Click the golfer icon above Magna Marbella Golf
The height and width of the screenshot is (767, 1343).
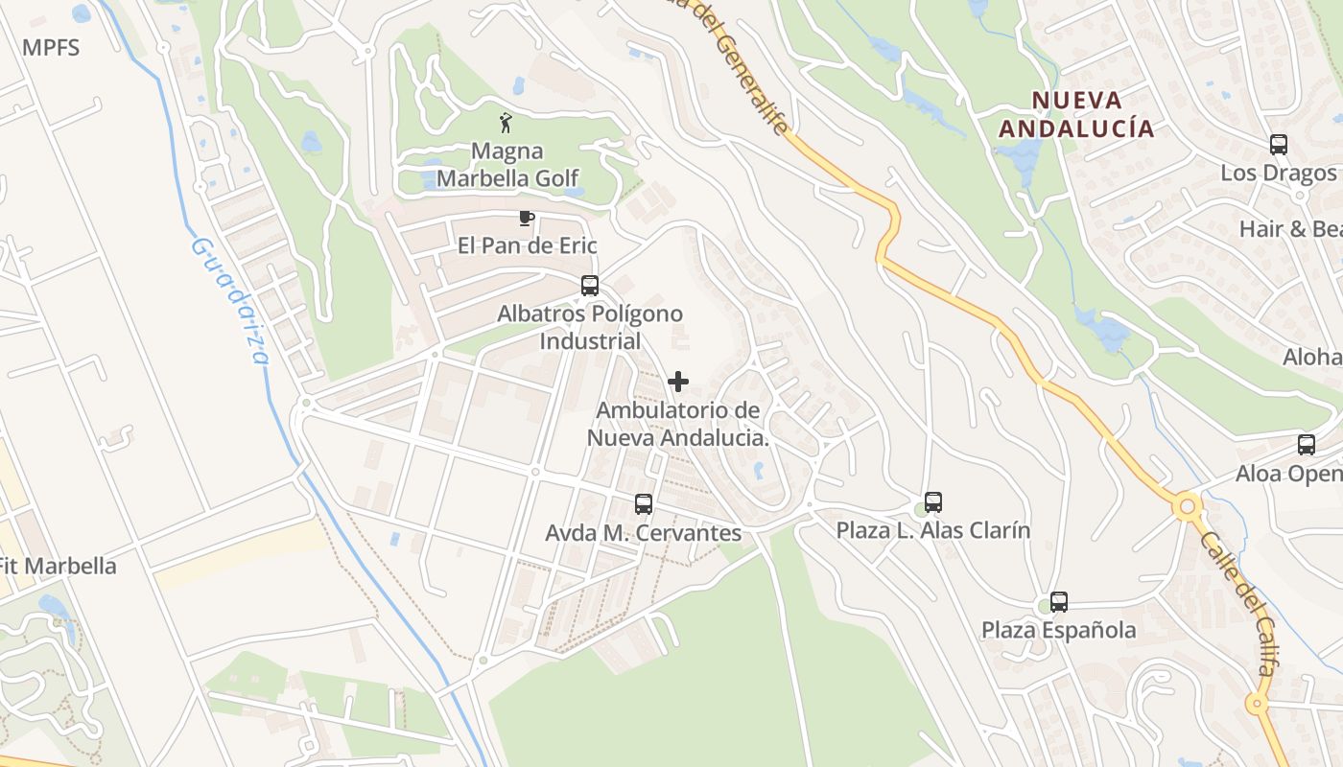tap(507, 123)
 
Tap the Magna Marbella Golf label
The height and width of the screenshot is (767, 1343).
tap(507, 165)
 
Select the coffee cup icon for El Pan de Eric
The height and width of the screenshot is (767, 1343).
tap(526, 218)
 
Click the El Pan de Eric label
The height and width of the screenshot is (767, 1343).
tap(527, 245)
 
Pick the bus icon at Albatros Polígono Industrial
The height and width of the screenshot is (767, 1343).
tap(590, 286)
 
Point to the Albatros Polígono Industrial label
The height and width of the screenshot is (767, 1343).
tap(590, 327)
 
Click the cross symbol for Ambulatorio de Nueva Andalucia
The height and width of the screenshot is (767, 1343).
tap(678, 382)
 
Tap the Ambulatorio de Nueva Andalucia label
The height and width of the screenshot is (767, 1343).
tap(678, 424)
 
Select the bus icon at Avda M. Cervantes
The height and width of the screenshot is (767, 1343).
tap(644, 504)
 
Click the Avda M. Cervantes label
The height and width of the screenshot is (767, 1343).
tap(644, 533)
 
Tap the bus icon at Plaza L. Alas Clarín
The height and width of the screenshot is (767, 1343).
tap(933, 502)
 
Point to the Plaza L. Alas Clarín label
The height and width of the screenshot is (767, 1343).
tap(933, 530)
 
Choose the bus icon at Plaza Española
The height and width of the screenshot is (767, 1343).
tap(1059, 602)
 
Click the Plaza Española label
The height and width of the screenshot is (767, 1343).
tap(1059, 630)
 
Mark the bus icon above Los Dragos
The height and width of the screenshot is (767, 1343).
tap(1279, 145)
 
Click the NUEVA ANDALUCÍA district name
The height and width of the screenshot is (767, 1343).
tap(1075, 114)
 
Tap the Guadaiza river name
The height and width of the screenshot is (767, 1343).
tap(230, 301)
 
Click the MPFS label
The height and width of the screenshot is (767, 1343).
tap(51, 47)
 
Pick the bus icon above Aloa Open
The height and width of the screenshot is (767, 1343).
tap(1307, 445)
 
